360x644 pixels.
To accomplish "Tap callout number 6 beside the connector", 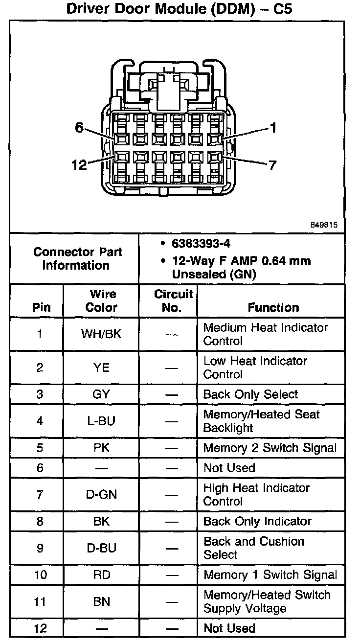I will [79, 127].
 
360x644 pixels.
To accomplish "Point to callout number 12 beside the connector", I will [78, 165].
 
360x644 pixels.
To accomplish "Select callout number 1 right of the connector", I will [273, 128].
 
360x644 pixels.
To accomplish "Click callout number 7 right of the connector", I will [272, 165].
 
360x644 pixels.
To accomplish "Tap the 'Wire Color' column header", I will [102, 301].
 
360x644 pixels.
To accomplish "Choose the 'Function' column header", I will [273, 307].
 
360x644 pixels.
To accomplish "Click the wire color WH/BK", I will [101, 334].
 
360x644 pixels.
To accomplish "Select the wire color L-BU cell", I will [101, 421].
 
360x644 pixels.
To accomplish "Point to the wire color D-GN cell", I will [101, 494].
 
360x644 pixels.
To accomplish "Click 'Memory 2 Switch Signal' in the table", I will [270, 448].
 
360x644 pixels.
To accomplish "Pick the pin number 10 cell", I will [40, 575].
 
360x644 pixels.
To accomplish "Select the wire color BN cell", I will [101, 601].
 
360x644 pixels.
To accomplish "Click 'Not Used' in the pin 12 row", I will [229, 628].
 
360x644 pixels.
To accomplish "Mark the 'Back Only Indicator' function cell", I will [257, 521].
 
